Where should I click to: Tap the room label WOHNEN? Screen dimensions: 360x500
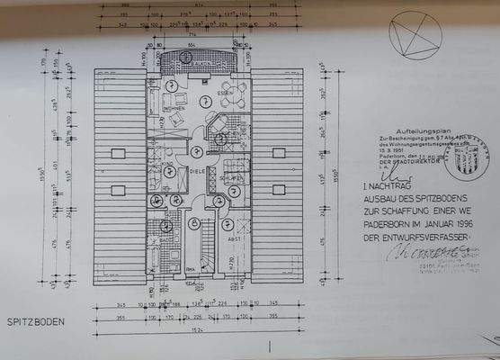[173, 110]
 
